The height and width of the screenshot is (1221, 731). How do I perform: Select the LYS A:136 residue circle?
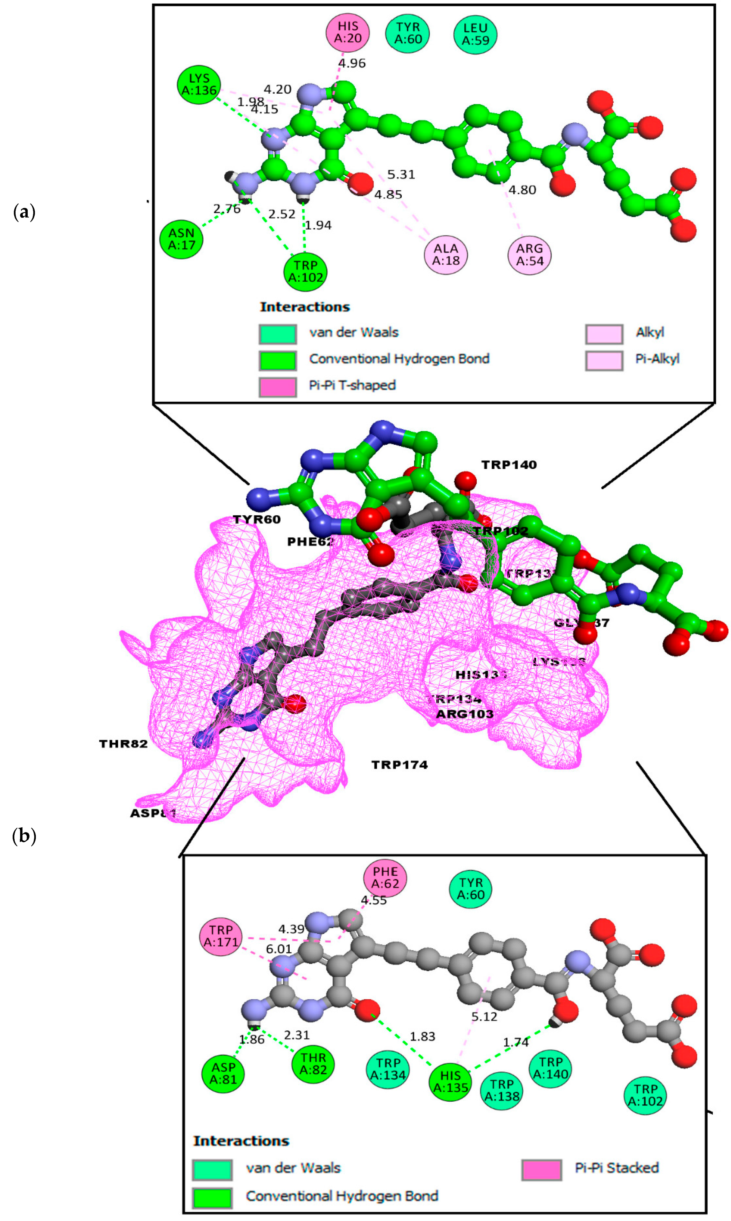199,85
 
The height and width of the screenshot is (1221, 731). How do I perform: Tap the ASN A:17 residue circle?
181,239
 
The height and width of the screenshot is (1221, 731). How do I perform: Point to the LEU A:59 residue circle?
475,34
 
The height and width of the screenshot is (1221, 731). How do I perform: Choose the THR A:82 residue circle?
313,1064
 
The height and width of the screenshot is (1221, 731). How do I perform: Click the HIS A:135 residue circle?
450,1082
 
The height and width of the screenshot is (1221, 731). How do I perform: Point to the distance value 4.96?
352,63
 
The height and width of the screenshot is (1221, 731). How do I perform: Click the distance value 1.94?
318,225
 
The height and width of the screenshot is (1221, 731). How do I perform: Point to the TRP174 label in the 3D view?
400,765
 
